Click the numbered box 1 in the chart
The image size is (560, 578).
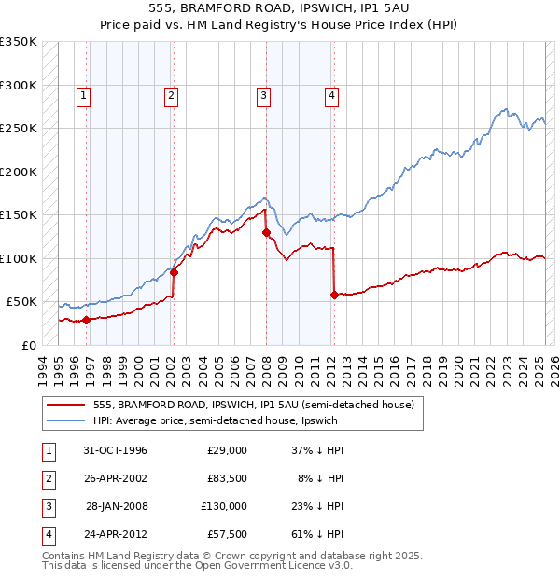coord(84,94)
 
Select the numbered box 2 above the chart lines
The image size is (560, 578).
coord(172,94)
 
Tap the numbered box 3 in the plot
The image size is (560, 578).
coord(264,94)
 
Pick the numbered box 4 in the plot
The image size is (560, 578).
coord(331,94)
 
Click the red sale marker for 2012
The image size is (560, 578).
coord(334,295)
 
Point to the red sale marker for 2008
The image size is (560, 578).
coord(266,232)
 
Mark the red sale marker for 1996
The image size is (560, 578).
coord(87,320)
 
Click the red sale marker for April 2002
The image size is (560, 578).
coord(175,272)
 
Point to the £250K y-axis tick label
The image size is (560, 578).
coord(19,129)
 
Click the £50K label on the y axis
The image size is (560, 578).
coord(22,302)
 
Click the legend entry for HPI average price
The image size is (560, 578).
coord(219,420)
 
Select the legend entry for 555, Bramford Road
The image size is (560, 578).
coord(259,405)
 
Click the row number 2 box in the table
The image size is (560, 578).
coord(46,478)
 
